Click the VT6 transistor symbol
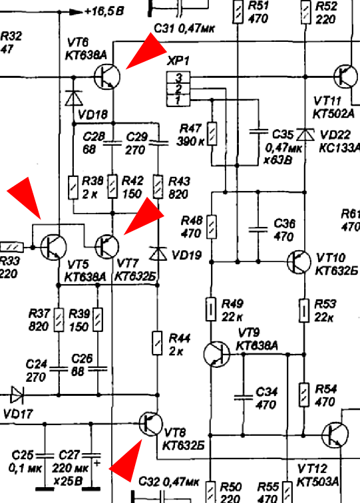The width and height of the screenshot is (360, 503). [107, 77]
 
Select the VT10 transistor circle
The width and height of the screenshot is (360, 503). [299, 261]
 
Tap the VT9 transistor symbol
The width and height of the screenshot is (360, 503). [216, 354]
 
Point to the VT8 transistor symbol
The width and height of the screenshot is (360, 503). [150, 424]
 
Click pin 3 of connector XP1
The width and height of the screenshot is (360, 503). [178, 77]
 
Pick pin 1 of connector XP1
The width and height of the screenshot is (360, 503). [178, 100]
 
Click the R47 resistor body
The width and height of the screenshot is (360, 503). [212, 134]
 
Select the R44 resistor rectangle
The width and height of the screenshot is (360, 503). [157, 343]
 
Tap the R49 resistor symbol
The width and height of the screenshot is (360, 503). [211, 309]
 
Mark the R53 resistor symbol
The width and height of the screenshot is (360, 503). [304, 310]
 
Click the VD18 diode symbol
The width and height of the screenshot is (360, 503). [74, 98]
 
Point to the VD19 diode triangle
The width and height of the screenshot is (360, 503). [158, 253]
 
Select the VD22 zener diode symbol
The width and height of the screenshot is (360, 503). [305, 134]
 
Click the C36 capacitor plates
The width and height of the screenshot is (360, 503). [258, 230]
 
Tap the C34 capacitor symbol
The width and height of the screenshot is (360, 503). [243, 398]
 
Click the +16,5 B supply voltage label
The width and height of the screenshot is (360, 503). [104, 11]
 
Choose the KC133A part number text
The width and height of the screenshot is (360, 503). [339, 148]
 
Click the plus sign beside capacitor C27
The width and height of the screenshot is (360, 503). [96, 463]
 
